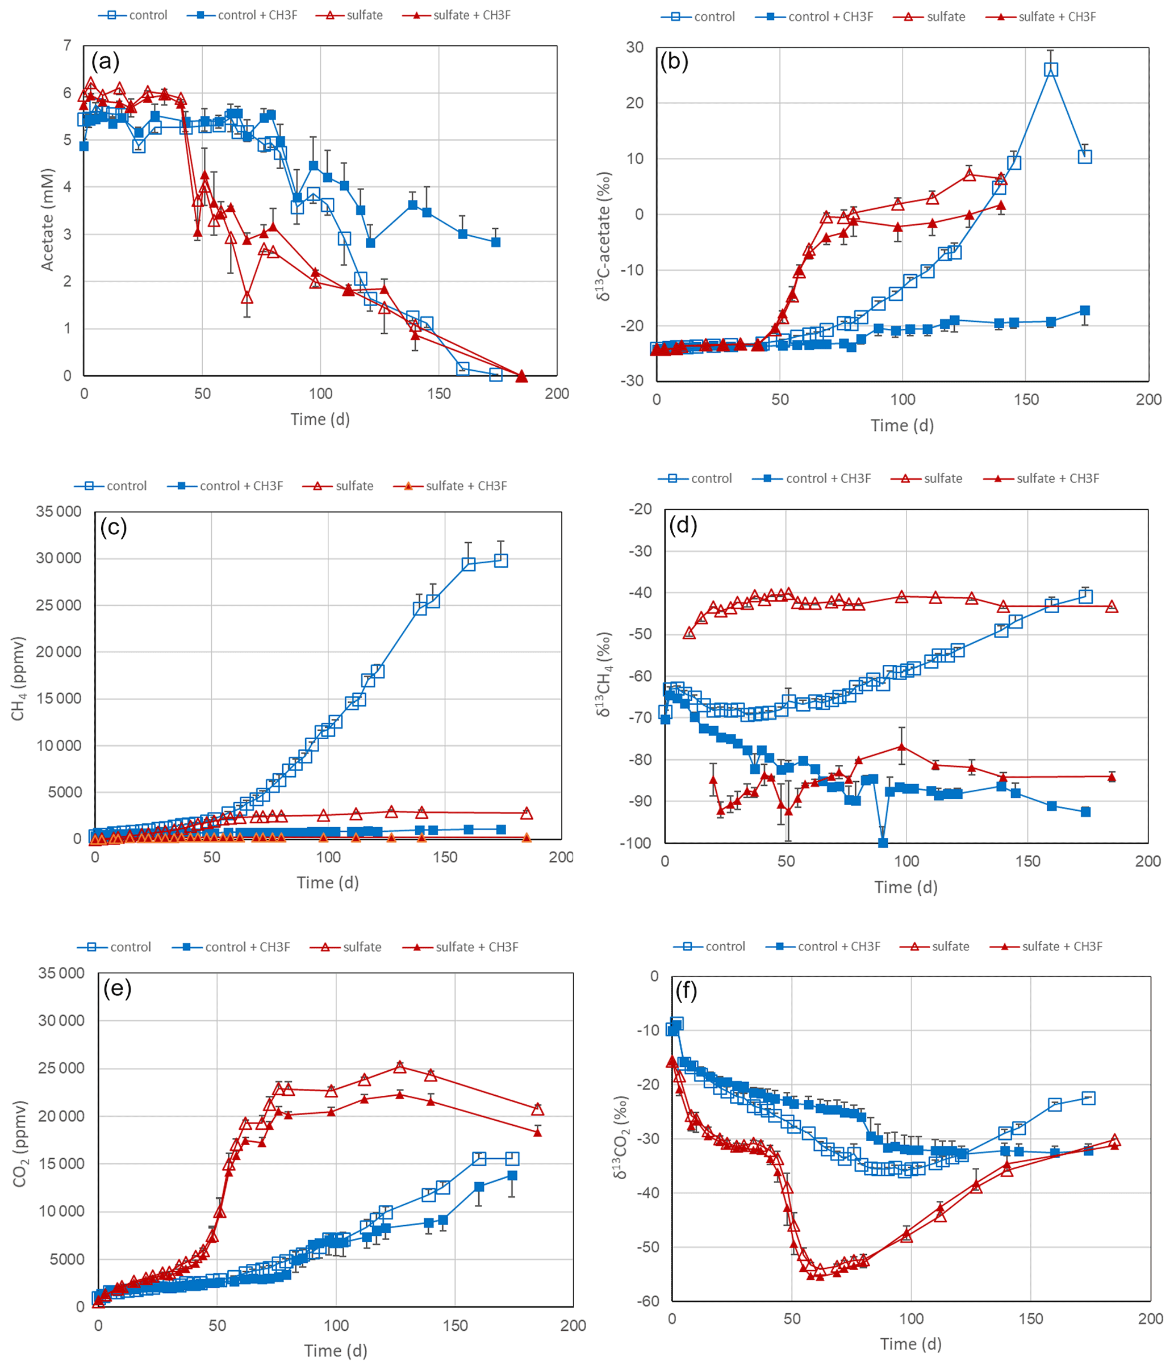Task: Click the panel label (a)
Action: click(105, 61)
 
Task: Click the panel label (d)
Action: click(683, 525)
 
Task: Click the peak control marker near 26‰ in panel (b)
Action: click(1050, 69)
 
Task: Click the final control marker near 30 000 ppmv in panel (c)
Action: click(501, 560)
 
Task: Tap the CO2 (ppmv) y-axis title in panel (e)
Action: click(20, 1143)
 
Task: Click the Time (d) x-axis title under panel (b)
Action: click(901, 425)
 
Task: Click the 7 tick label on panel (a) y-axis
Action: click(68, 45)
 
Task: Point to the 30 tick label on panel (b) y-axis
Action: click(635, 47)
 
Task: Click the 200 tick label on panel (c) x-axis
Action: click(561, 857)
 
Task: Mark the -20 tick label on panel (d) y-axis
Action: click(641, 509)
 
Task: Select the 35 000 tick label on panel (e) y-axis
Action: click(61, 973)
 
